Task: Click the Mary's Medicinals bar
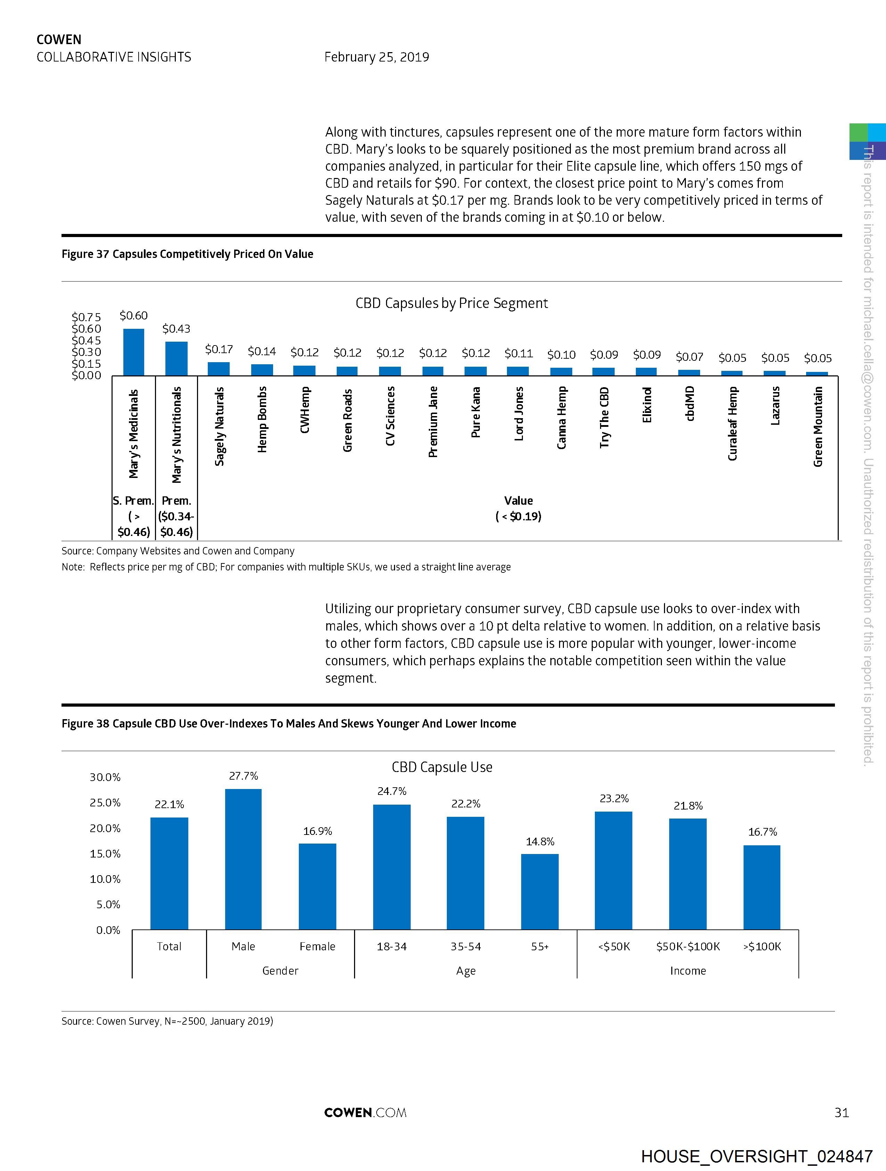click(133, 352)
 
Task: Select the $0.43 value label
click(176, 329)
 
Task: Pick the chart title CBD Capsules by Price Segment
click(451, 303)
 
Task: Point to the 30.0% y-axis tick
click(105, 777)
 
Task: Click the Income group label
click(688, 970)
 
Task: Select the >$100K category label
click(762, 946)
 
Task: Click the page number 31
click(842, 1112)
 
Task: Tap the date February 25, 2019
click(376, 57)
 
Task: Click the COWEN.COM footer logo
click(365, 1112)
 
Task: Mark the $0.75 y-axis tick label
click(86, 317)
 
